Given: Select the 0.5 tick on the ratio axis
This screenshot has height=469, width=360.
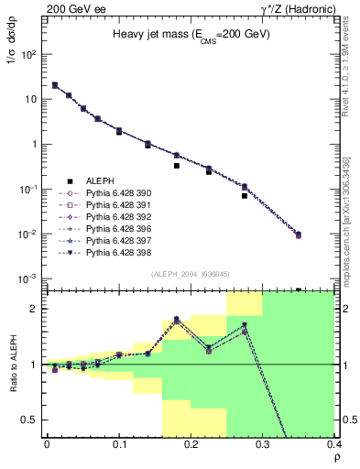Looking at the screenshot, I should pos(34,420).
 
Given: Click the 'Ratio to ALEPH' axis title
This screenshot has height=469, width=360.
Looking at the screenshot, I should pos(13,365).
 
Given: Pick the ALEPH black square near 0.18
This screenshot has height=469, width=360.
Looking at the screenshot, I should pos(177,166).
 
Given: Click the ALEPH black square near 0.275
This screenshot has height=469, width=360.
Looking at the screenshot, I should pos(245,195).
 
